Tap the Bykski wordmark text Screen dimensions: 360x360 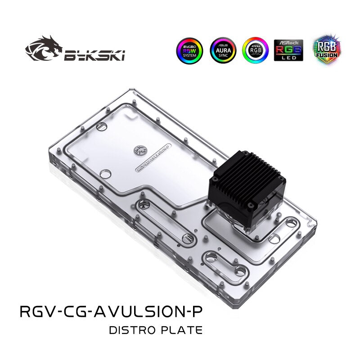[95, 55]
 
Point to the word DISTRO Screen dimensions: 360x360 [132, 330]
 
